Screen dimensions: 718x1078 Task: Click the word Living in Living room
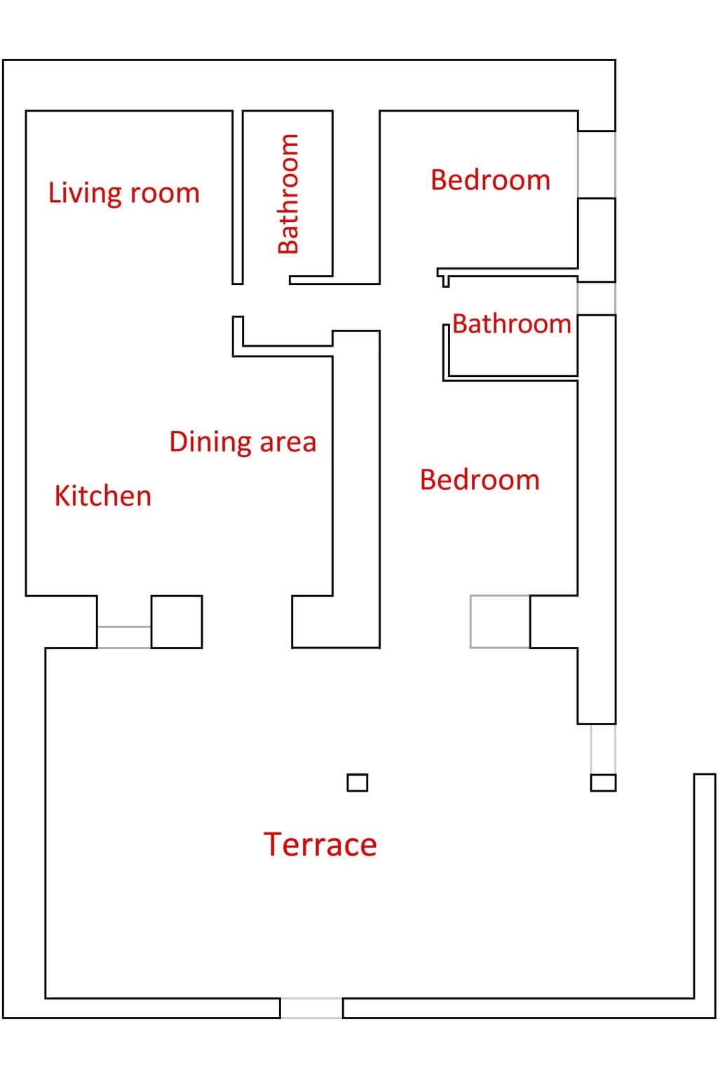[85, 194]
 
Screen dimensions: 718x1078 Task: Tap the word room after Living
[165, 194]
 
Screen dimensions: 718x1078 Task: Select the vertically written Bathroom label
[289, 194]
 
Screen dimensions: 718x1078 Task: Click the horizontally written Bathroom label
[512, 324]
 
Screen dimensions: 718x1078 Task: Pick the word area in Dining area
[287, 443]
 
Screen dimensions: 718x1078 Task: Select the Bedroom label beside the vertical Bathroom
[491, 180]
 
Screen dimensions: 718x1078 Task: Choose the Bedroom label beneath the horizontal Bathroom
[480, 480]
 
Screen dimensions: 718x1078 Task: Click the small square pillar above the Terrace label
[358, 783]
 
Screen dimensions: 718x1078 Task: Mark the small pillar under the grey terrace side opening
[603, 783]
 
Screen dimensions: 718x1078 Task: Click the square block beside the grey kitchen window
[177, 622]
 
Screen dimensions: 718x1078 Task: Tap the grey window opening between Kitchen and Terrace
[124, 637]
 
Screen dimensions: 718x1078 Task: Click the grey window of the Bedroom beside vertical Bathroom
[596, 164]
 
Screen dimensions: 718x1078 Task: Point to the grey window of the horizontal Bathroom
[596, 298]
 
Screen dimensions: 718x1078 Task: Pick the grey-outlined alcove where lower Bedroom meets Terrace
[500, 622]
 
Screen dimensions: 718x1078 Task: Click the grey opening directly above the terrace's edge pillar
[603, 749]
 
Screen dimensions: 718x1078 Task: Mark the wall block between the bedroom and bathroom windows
[596, 239]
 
